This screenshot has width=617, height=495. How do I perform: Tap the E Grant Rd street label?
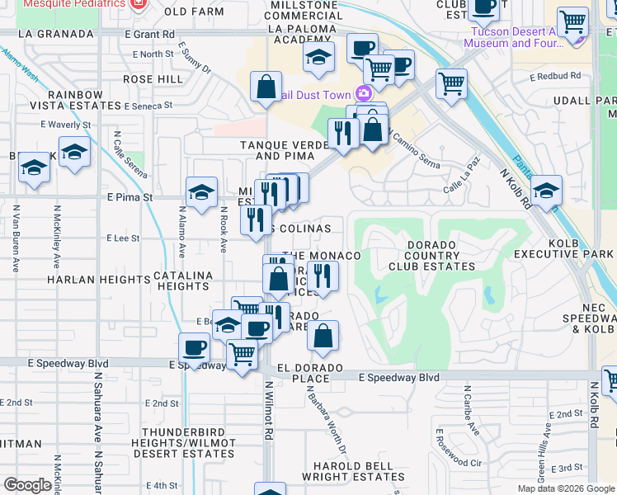(150, 35)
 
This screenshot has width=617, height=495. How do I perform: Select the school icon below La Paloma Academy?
(318, 58)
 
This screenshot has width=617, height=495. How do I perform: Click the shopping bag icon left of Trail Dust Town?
(266, 87)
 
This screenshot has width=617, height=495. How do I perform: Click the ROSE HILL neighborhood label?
(153, 79)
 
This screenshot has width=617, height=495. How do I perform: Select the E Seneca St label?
(148, 106)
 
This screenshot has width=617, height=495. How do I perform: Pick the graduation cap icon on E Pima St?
(201, 193)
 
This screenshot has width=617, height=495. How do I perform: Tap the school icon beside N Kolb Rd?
(546, 191)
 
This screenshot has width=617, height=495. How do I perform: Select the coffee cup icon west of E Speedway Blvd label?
(195, 347)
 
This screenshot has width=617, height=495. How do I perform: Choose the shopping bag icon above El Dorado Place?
(323, 335)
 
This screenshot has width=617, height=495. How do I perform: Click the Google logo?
(27, 485)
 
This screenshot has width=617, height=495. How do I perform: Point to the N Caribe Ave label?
(469, 410)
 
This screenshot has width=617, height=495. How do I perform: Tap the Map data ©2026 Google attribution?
(565, 488)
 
